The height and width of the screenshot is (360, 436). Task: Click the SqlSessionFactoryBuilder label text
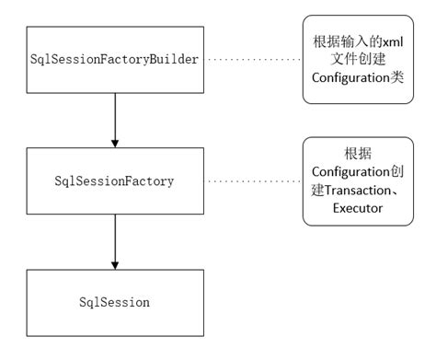pyautogui.click(x=115, y=59)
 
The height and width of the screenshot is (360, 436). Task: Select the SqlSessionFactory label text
pyautogui.click(x=115, y=180)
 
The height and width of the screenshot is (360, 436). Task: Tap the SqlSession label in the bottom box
pyautogui.click(x=115, y=301)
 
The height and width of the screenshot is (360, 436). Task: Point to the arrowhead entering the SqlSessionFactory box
pyautogui.click(x=115, y=143)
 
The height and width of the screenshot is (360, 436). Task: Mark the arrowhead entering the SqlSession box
pyautogui.click(x=115, y=264)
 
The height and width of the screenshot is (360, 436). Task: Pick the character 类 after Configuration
pyautogui.click(x=397, y=78)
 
